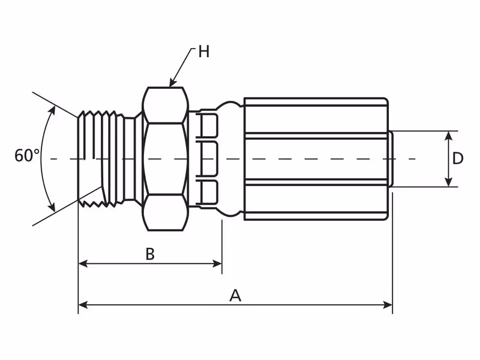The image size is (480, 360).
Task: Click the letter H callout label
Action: pyautogui.click(x=203, y=52)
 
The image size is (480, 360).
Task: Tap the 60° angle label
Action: pyautogui.click(x=27, y=155)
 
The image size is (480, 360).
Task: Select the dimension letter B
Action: pyautogui.click(x=150, y=254)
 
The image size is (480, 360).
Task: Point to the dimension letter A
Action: pyautogui.click(x=235, y=295)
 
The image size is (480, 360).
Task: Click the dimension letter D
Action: pyautogui.click(x=458, y=158)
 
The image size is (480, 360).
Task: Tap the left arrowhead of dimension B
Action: pyautogui.click(x=83, y=263)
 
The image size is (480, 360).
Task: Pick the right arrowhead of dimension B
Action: pyautogui.click(x=217, y=263)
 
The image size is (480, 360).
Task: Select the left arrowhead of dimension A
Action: pyautogui.click(x=83, y=305)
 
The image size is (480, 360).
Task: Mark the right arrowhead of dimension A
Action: pyautogui.click(x=388, y=305)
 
